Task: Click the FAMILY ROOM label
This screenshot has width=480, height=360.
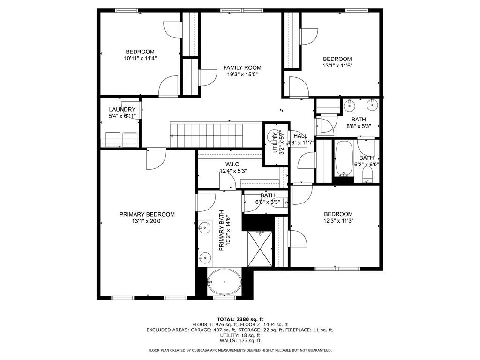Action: tap(242, 68)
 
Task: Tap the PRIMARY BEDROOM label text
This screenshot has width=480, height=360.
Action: tap(147, 214)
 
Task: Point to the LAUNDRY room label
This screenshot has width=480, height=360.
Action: tap(122, 109)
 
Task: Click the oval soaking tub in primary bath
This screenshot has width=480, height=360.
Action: tap(225, 282)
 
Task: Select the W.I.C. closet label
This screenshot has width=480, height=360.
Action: tap(232, 164)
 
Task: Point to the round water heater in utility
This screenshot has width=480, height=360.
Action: tap(272, 137)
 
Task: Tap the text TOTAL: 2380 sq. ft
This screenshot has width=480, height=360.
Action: tap(240, 319)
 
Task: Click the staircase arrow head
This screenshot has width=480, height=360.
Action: tap(172, 136)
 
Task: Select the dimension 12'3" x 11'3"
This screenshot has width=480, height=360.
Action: tap(338, 221)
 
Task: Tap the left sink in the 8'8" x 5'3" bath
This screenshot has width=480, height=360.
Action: tap(349, 106)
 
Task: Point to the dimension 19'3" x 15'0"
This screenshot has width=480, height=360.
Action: tap(242, 75)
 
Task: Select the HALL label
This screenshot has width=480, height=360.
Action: tap(300, 136)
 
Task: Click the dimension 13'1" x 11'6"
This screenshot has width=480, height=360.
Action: tap(337, 66)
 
